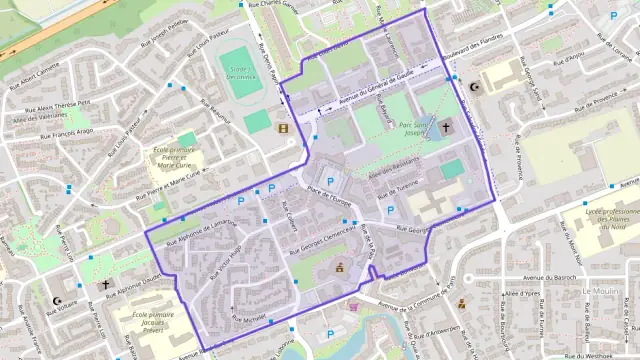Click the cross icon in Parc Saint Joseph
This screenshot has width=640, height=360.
point(444,128)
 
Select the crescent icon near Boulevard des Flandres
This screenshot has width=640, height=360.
point(474,87)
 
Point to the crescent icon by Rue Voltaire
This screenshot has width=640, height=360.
point(56,300)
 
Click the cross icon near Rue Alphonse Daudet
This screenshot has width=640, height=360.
point(106,284)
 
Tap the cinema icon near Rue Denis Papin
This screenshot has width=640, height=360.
point(283,128)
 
